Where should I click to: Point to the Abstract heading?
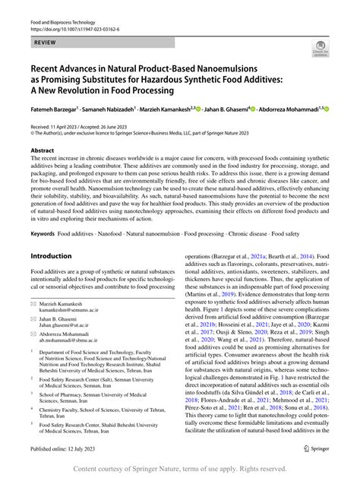[x=42, y=151]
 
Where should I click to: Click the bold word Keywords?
[x=44, y=233]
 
